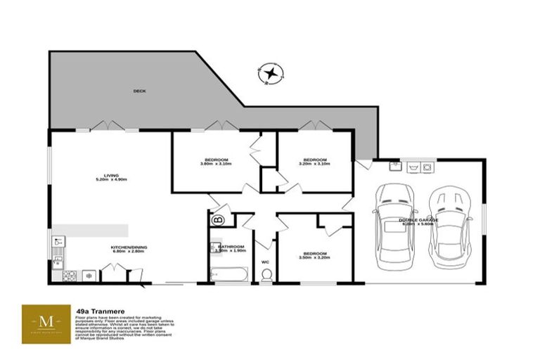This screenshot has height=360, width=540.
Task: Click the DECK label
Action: tap(139, 91)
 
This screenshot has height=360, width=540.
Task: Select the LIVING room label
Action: tap(110, 175)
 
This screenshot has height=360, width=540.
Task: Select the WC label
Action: tap(266, 263)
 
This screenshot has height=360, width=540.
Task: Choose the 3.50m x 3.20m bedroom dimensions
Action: tap(314, 257)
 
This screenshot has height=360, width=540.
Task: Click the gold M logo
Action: tap(46, 322)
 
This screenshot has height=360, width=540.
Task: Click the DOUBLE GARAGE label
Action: tap(419, 220)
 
